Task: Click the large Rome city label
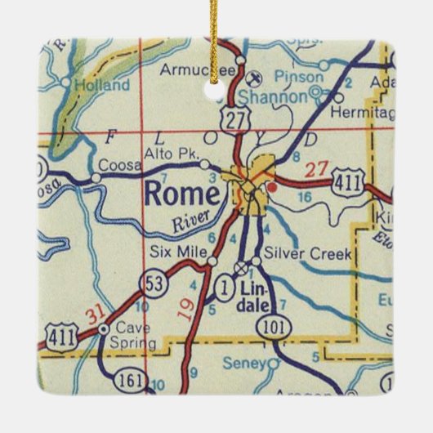tap(181, 194)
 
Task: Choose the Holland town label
tap(101, 84)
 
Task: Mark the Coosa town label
tap(115, 165)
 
